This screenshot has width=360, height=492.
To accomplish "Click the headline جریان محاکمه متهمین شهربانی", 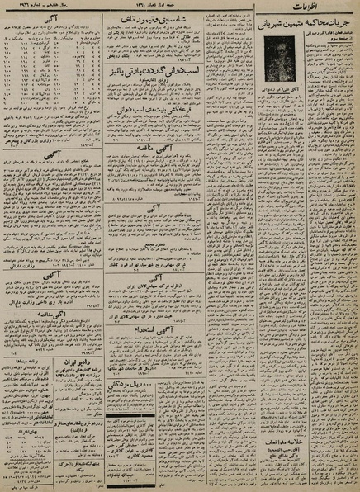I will point(307,35).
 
